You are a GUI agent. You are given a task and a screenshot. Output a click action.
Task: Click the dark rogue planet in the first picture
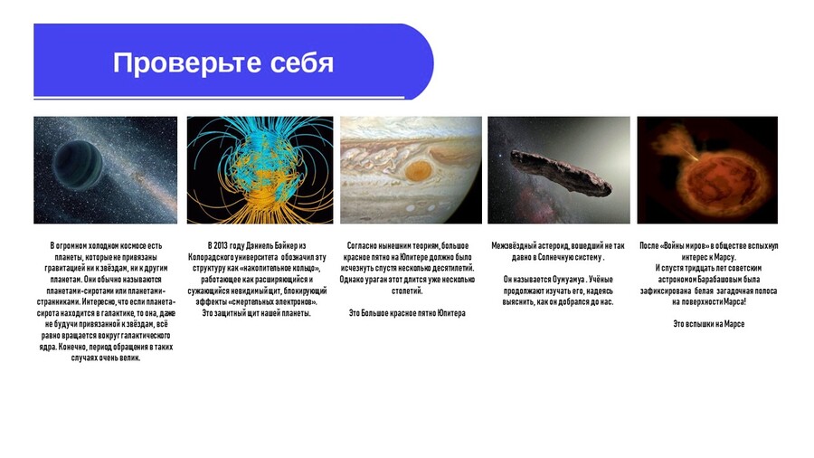click(78, 166)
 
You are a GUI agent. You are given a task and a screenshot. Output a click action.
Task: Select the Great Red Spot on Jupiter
click(418, 171)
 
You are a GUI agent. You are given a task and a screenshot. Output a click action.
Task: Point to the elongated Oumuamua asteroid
click(561, 172)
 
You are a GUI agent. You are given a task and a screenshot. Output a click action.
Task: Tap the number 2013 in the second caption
click(222, 245)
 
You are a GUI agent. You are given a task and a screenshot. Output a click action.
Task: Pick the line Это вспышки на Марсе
click(708, 324)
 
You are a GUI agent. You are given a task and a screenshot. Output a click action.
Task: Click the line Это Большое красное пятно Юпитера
click(407, 313)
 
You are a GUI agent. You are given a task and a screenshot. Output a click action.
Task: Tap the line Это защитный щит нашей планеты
click(257, 313)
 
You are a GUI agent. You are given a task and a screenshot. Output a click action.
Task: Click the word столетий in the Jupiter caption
click(408, 291)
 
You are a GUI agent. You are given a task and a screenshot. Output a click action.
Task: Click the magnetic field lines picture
click(260, 170)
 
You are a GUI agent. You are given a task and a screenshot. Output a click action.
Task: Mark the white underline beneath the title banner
click(219, 97)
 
